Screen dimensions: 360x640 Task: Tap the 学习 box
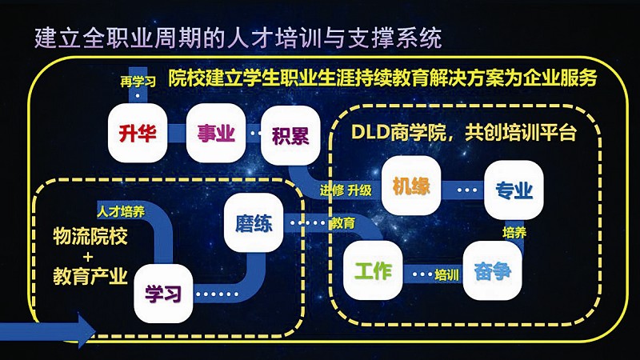163,292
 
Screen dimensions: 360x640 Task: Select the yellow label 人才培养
121,212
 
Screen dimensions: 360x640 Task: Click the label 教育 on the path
342,223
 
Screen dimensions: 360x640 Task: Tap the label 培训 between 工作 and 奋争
446,276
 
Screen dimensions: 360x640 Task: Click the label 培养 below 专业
514,233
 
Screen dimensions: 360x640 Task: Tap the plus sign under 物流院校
88,256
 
